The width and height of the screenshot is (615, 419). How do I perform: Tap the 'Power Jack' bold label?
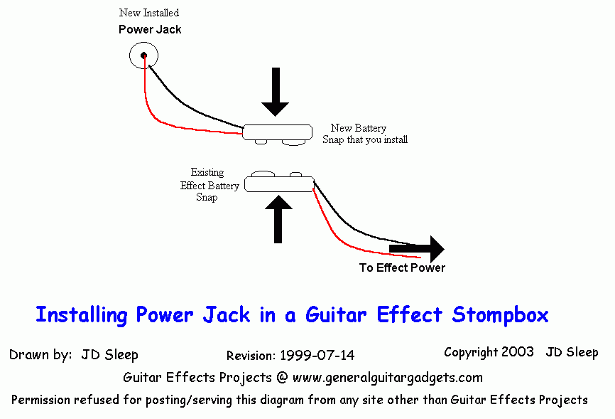[x=149, y=30]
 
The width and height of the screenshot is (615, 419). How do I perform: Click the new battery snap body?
[x=278, y=131]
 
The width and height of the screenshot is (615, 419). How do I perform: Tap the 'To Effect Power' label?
[x=402, y=268]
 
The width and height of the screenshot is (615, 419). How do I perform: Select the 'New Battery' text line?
[x=359, y=128]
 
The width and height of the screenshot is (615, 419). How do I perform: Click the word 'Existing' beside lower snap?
[x=207, y=172]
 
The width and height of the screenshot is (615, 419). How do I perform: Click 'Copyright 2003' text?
[x=489, y=352]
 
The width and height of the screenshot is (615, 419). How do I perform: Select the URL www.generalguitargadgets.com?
[x=387, y=377]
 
